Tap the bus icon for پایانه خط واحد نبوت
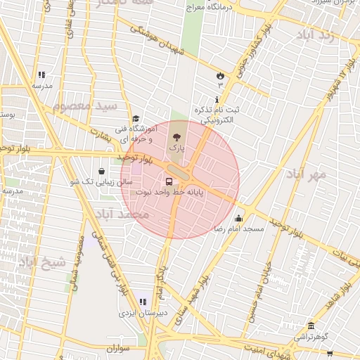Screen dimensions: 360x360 tap(168, 181)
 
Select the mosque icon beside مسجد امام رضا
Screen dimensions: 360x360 tap(239, 218)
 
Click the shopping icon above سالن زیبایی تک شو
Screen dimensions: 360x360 tap(102, 171)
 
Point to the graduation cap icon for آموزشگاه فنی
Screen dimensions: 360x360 tap(136, 119)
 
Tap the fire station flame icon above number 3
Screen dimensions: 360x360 tap(221, 75)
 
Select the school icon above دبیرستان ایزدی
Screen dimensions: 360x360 tap(143, 302)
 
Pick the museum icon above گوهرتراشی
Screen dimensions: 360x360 tap(310, 326)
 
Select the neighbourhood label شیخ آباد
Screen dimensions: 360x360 tap(42, 263)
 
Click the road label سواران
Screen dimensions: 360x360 tap(124, 348)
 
